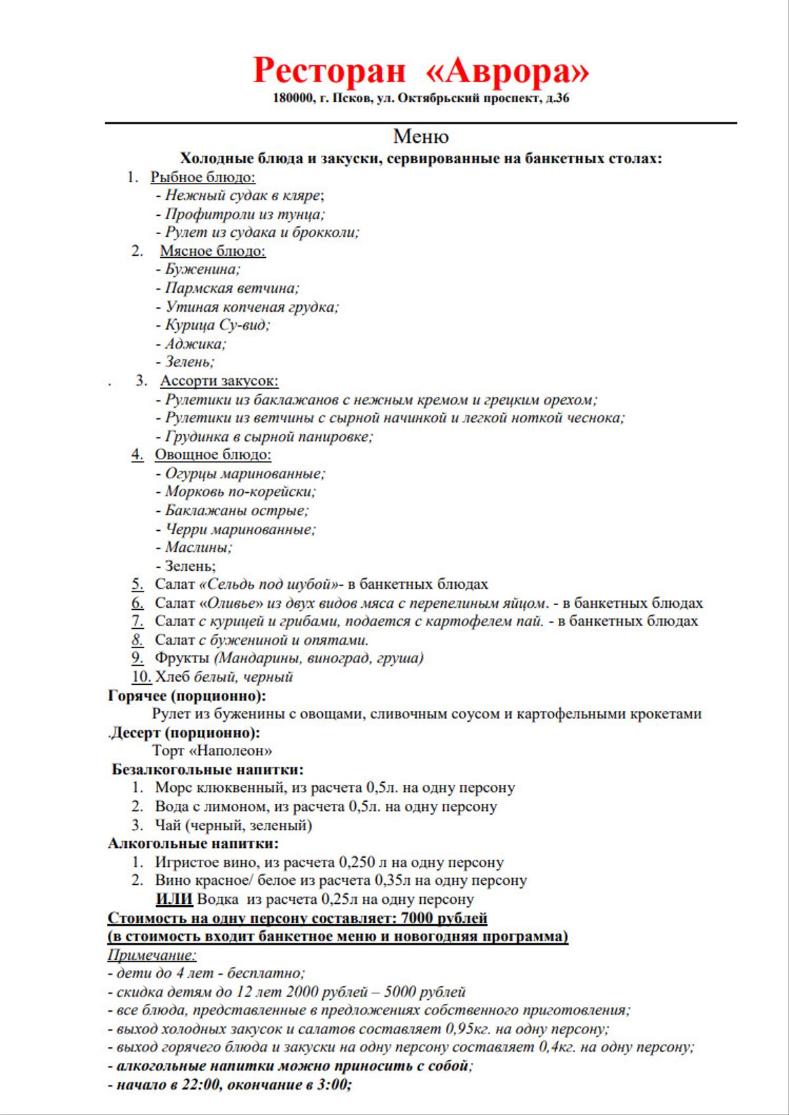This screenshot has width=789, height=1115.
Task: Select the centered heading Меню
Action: pyautogui.click(x=421, y=136)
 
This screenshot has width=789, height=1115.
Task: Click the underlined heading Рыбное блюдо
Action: pyautogui.click(x=203, y=177)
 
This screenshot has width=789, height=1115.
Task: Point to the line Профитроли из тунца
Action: pyautogui.click(x=245, y=214)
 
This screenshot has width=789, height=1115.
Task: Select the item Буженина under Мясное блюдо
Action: pyautogui.click(x=202, y=269)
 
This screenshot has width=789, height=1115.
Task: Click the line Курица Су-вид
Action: pyautogui.click(x=217, y=325)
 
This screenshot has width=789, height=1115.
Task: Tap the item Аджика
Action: pyautogui.click(x=195, y=343)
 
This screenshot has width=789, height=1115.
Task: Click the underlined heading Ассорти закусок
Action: pyautogui.click(x=219, y=381)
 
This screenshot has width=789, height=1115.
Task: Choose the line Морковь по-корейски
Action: pyautogui.click(x=240, y=491)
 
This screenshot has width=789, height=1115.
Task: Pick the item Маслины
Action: pyautogui.click(x=198, y=547)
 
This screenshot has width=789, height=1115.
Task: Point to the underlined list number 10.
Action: pyautogui.click(x=141, y=677)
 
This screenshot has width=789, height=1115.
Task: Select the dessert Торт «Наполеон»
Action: pyautogui.click(x=212, y=751)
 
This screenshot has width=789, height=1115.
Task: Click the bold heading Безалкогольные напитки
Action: pyautogui.click(x=208, y=769)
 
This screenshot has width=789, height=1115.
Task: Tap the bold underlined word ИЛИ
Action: pyautogui.click(x=174, y=899)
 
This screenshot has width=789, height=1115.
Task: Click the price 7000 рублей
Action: pyautogui.click(x=444, y=918)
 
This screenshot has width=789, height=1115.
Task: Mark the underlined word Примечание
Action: pyautogui.click(x=152, y=954)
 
